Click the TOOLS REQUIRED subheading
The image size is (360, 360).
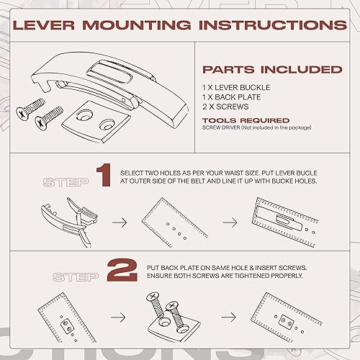[x=246, y=120]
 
